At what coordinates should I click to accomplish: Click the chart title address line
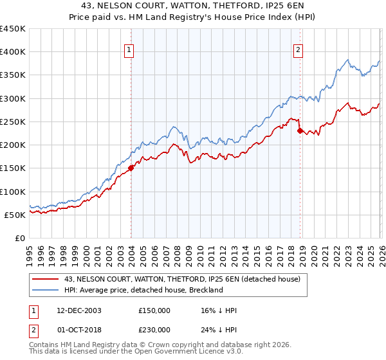(x=193, y=5)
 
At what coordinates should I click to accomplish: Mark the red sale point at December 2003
(x=131, y=168)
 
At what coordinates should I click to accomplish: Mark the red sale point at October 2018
(x=300, y=131)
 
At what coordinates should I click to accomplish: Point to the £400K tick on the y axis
(x=14, y=52)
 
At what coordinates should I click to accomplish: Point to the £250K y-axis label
(x=14, y=122)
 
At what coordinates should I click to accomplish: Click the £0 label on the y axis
(x=19, y=238)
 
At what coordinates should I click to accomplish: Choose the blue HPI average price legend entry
(x=143, y=290)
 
